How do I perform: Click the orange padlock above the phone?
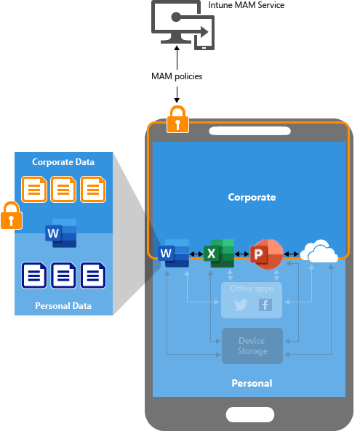click(x=178, y=119)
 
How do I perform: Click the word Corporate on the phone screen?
click(x=252, y=197)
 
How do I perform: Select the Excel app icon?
click(x=222, y=254)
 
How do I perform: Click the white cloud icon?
click(x=319, y=252)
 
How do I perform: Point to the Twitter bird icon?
click(x=241, y=305)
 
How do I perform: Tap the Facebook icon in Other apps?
click(x=265, y=305)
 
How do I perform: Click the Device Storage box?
click(x=252, y=346)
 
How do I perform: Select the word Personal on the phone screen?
click(x=252, y=383)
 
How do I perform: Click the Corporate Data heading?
click(x=63, y=161)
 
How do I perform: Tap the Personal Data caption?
click(x=63, y=306)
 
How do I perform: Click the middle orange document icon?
click(x=63, y=190)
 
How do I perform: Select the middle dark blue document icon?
click(x=63, y=276)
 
